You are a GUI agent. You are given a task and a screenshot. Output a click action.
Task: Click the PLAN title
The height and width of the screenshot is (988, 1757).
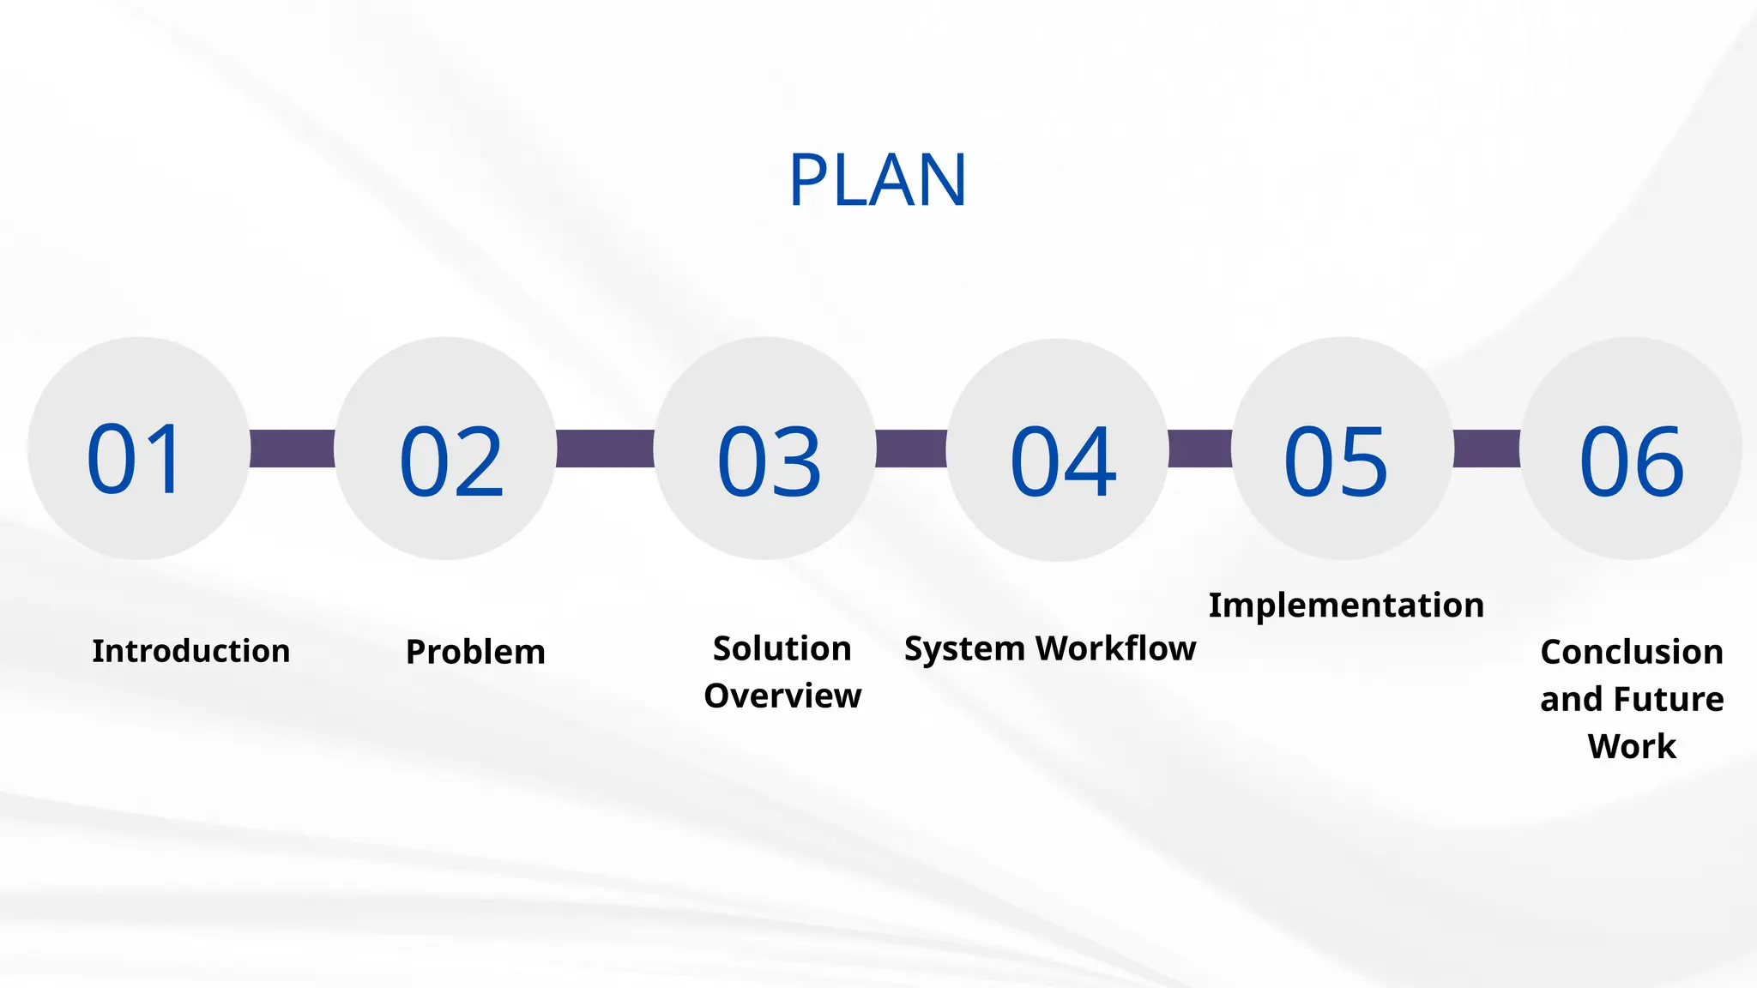(x=878, y=180)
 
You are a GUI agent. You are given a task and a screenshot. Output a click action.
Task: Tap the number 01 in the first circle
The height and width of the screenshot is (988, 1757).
(x=135, y=460)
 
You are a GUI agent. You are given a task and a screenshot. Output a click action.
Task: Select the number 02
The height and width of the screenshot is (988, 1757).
(x=451, y=463)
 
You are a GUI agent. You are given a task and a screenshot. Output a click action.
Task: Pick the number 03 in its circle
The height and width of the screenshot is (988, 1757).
(x=769, y=463)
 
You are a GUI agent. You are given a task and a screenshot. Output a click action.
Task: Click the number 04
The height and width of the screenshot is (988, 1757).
(x=1063, y=463)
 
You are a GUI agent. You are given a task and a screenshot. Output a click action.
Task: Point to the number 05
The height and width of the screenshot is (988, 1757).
(x=1335, y=463)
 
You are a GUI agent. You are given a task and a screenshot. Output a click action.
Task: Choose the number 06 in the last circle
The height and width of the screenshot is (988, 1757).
(x=1631, y=463)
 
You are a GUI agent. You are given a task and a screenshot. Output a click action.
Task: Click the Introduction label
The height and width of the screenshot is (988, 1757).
(x=190, y=651)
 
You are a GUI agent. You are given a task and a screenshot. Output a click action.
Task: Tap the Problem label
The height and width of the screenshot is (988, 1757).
(x=475, y=652)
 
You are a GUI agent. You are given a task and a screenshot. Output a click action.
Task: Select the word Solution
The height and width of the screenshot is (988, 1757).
(x=782, y=648)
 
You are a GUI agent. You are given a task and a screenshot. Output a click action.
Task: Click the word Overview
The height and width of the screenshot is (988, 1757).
(x=782, y=696)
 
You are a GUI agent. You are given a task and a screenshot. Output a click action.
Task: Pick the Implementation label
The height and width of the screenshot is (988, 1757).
(x=1346, y=605)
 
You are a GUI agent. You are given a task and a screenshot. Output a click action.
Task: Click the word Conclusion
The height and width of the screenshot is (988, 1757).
(x=1632, y=652)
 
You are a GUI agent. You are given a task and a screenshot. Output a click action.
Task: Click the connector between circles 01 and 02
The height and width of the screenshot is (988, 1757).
(x=292, y=449)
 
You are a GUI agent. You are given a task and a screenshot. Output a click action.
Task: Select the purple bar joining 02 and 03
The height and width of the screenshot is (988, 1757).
(x=605, y=449)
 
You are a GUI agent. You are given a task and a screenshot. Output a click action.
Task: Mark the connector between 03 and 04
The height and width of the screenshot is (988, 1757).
(x=911, y=449)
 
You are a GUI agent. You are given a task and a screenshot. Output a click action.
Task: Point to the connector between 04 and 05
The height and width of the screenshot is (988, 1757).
(x=1200, y=449)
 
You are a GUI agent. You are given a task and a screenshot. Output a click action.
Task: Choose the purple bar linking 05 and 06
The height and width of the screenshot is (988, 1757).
(x=1487, y=449)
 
